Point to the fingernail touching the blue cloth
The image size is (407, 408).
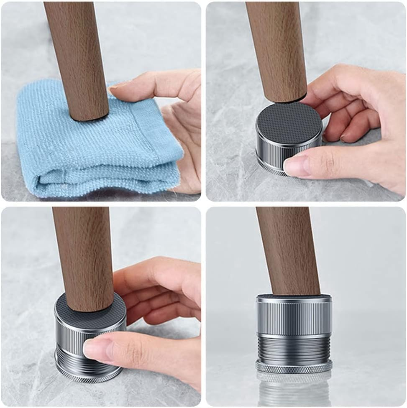point(118,85)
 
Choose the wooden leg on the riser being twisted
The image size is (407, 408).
point(84,259)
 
